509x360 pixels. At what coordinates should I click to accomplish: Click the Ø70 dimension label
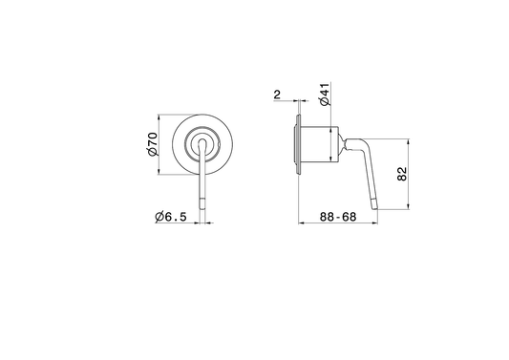[x=153, y=144]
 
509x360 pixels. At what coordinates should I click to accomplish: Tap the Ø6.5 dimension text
[x=171, y=217]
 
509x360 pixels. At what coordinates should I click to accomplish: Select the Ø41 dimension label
[x=325, y=95]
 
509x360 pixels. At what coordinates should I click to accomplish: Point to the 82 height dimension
[x=402, y=174]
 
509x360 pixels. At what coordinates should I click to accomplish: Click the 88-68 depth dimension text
[x=338, y=217]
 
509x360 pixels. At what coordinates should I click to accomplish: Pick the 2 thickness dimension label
[x=277, y=95]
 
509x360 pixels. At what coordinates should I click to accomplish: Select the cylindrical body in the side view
[x=320, y=144]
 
